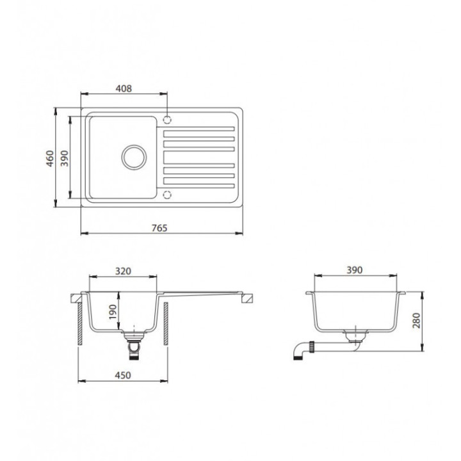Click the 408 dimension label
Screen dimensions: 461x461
[124, 88]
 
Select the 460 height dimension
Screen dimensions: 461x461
[51, 159]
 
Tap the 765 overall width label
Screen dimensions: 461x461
[159, 228]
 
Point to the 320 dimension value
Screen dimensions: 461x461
[123, 271]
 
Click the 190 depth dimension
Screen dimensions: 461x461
[113, 312]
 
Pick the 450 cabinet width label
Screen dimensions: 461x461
[123, 375]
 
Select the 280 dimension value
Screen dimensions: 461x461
[416, 321]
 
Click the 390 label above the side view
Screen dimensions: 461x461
[355, 270]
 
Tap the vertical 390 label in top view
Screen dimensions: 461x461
[65, 158]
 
